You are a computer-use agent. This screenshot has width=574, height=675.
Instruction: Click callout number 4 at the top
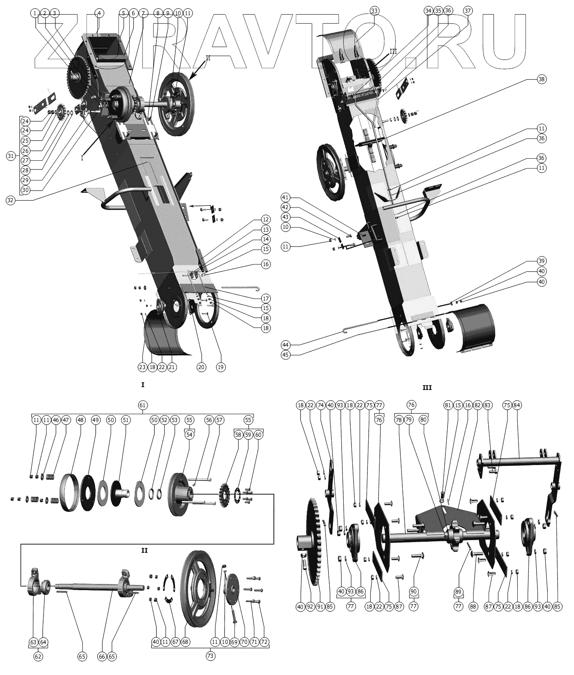click(x=99, y=13)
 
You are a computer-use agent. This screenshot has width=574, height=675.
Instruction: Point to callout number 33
click(x=374, y=11)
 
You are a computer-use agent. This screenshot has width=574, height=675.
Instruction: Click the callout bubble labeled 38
click(x=542, y=80)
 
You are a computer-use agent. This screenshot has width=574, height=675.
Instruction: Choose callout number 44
click(x=286, y=344)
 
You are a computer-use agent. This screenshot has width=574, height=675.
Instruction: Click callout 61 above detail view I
click(x=142, y=405)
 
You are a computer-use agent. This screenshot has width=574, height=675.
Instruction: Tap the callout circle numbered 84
click(x=517, y=405)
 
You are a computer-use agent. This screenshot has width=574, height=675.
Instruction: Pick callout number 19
click(x=220, y=367)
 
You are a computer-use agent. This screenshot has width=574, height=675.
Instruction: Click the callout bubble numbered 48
click(x=80, y=420)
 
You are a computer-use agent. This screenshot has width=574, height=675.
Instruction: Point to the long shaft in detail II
click(x=86, y=586)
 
